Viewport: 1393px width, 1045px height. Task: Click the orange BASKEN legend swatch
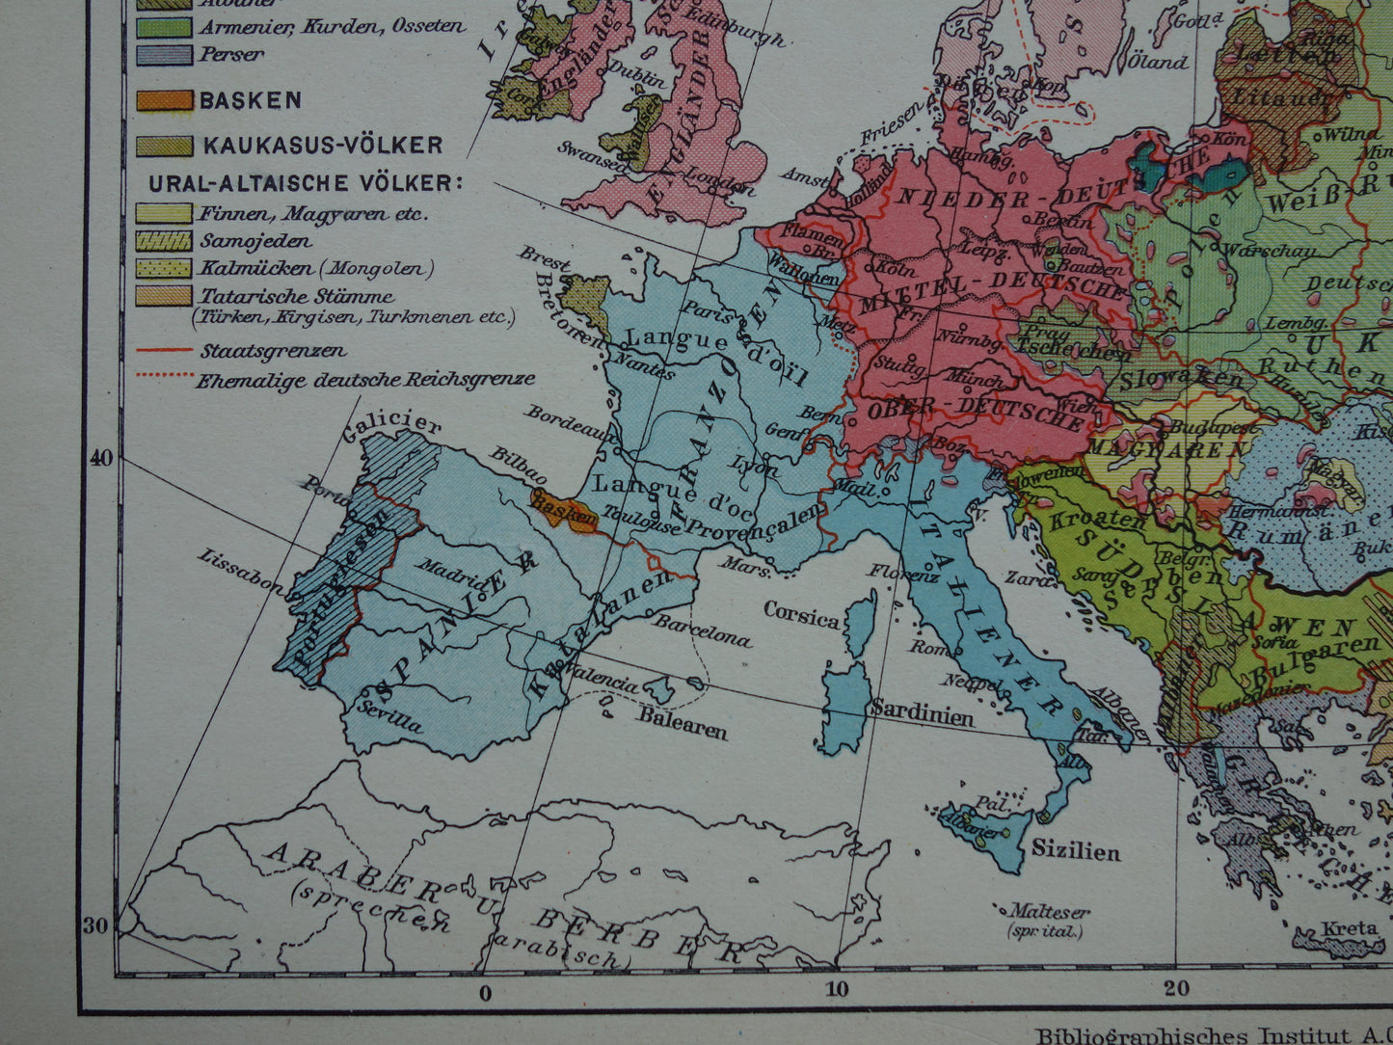point(164,100)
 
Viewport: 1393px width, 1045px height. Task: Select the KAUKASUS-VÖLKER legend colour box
point(164,146)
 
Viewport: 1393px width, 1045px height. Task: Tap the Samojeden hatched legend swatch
point(164,241)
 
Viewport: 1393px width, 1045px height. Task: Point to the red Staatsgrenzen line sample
point(164,351)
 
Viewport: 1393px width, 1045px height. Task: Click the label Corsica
point(801,614)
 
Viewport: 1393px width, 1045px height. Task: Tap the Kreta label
point(1349,928)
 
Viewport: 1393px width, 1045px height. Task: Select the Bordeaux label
point(561,420)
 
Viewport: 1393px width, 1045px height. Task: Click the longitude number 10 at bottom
point(836,987)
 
